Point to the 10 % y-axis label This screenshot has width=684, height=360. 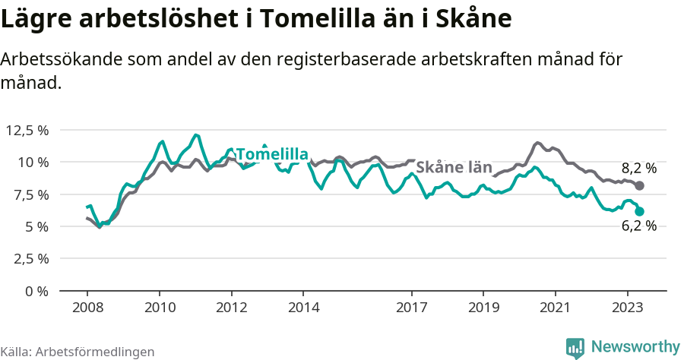[32, 162]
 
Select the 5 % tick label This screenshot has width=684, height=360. [36, 226]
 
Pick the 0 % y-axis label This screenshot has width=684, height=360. [36, 291]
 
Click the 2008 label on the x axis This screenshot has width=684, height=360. [87, 308]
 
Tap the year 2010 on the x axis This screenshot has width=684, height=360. [160, 308]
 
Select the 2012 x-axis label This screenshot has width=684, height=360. [232, 308]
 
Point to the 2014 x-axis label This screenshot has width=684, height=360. [303, 308]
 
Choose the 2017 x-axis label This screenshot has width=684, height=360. [412, 308]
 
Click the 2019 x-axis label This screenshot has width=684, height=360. [483, 308]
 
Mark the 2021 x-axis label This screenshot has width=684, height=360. [556, 308]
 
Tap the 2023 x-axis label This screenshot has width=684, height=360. [628, 308]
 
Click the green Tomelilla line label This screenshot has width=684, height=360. [272, 155]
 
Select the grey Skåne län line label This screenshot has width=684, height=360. [454, 168]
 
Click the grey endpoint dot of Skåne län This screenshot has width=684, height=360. [640, 186]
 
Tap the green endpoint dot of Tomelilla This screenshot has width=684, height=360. [640, 212]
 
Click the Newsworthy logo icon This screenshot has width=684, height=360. [575, 347]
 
